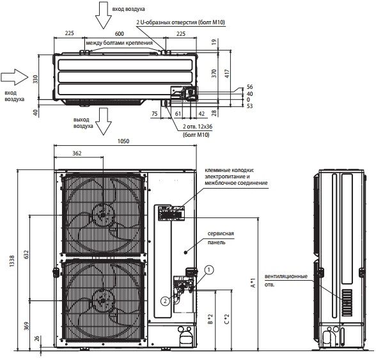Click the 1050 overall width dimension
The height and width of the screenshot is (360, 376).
tap(123, 141)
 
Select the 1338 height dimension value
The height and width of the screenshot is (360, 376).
tap(12, 261)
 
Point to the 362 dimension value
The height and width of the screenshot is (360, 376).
tap(77, 153)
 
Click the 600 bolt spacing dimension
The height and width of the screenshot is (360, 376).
tap(119, 34)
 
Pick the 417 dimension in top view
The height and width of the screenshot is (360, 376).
tap(227, 73)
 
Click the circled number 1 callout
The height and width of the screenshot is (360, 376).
tap(209, 270)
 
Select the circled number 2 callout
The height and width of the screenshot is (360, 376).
tap(165, 301)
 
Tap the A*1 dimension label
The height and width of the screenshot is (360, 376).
tap(253, 283)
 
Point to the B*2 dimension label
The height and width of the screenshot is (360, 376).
tap(210, 319)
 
